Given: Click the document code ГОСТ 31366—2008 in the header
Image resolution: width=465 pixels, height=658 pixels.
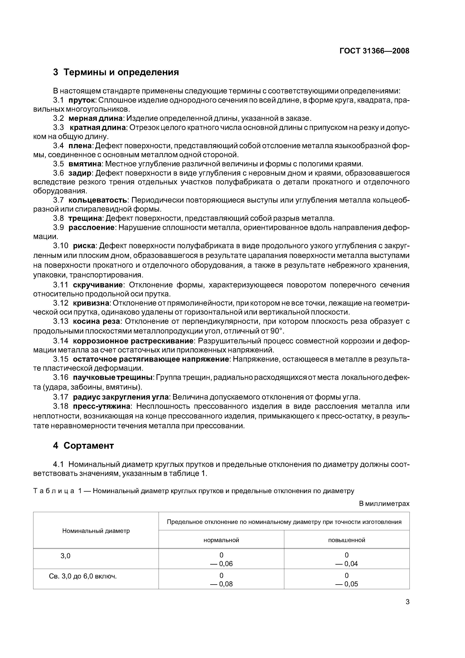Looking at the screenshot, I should [374, 51].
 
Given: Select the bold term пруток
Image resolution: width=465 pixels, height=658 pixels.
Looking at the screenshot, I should [81, 100].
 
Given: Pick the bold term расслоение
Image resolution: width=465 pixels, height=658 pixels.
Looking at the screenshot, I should [91, 228].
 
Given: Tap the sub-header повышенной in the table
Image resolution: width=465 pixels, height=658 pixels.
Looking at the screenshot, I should [347, 540].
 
